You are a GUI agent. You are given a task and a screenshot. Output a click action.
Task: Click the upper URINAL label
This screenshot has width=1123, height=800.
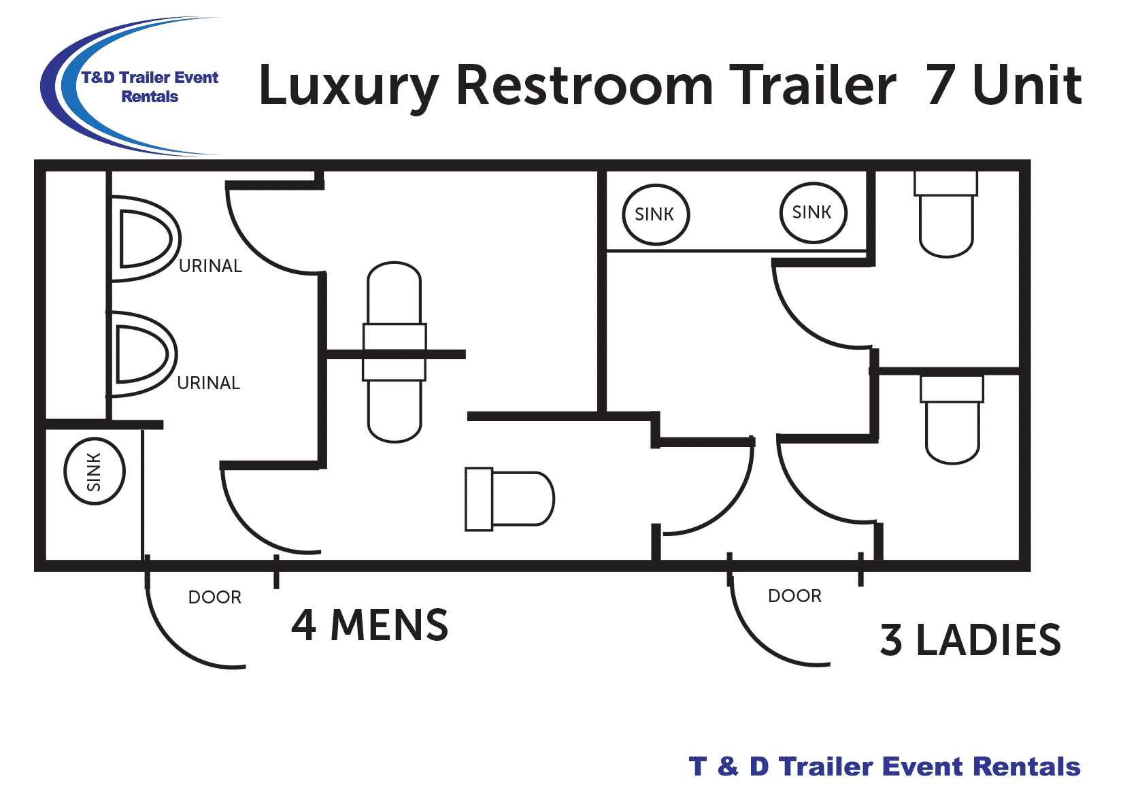click(x=210, y=266)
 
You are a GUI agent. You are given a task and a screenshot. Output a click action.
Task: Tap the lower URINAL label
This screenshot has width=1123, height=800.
click(x=208, y=383)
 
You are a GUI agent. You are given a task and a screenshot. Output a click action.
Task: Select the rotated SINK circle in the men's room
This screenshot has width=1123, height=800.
click(x=95, y=471)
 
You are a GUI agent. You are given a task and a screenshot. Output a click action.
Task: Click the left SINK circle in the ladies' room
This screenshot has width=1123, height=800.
click(x=656, y=214)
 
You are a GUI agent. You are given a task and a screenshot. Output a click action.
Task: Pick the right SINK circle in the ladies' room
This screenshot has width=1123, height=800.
click(x=813, y=212)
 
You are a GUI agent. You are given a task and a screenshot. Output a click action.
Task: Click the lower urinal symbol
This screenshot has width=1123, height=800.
click(x=141, y=354)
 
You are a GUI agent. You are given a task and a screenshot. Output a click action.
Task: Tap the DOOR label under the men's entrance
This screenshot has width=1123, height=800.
click(x=215, y=597)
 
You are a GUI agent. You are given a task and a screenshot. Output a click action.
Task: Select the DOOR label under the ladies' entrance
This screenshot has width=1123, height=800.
click(x=794, y=596)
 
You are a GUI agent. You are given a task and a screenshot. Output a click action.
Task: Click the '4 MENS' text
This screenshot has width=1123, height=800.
click(x=369, y=625)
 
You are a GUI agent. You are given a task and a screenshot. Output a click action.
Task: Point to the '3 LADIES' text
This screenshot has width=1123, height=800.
click(x=970, y=640)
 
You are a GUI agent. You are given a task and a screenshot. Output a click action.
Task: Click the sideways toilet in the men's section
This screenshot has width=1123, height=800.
click(x=509, y=499)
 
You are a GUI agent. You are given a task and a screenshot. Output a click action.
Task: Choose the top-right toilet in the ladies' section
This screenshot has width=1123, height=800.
click(x=946, y=214)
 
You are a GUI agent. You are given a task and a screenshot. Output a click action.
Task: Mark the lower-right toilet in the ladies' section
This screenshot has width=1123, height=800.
click(x=952, y=419)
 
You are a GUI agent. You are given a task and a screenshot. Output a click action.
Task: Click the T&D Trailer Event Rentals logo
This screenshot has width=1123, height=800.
click(x=136, y=87)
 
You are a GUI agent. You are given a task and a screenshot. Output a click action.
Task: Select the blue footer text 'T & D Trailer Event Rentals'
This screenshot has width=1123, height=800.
click(x=884, y=767)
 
